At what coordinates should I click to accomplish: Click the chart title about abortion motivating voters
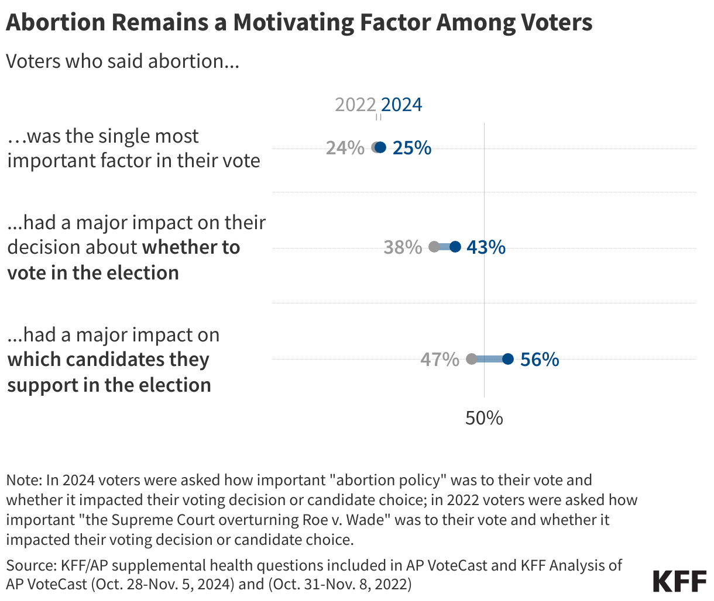click(298, 23)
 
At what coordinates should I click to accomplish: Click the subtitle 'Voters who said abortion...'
click(122, 61)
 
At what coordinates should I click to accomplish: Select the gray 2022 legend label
click(355, 104)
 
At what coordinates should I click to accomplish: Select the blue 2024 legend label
click(401, 104)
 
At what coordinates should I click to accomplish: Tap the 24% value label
click(345, 148)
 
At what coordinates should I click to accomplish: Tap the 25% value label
click(412, 148)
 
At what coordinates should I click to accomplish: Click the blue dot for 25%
click(380, 147)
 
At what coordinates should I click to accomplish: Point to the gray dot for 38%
click(434, 247)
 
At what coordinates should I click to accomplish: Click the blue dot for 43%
click(455, 247)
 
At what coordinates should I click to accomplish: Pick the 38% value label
click(403, 247)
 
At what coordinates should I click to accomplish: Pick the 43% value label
click(486, 247)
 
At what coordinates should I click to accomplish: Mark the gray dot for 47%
click(472, 359)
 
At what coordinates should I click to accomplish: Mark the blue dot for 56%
click(508, 359)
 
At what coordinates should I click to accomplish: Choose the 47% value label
click(440, 360)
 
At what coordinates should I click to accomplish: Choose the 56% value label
click(540, 360)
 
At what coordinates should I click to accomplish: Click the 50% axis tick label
click(484, 418)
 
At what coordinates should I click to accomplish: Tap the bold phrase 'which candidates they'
click(108, 360)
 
